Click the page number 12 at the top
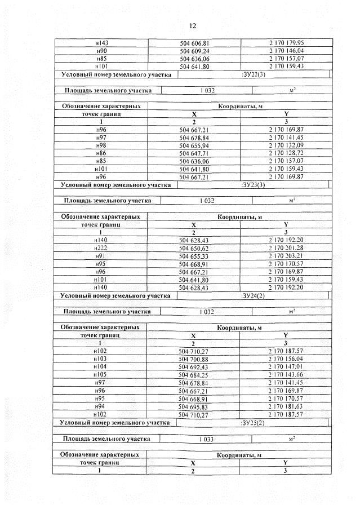click(192, 26)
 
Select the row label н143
click(102, 42)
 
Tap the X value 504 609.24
click(194, 50)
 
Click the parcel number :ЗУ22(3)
click(252, 74)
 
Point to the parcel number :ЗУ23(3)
click(252, 184)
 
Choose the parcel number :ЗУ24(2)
click(252, 295)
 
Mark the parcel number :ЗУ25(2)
click(252, 422)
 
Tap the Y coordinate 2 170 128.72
click(286, 153)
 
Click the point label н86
click(102, 153)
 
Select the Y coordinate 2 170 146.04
click(286, 50)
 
